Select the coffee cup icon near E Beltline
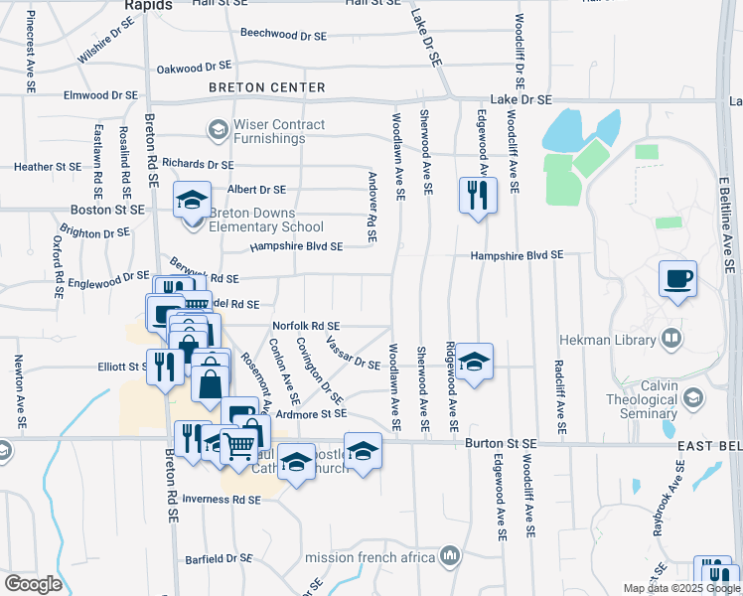coord(679,278)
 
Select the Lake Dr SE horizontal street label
coord(521,100)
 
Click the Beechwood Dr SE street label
coord(283,34)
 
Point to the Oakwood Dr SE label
coord(194,69)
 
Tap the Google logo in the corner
coord(33,583)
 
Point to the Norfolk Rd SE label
coord(306,326)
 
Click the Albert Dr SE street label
coord(256,189)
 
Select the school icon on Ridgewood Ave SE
coord(475,362)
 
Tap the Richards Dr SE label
coord(198,164)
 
